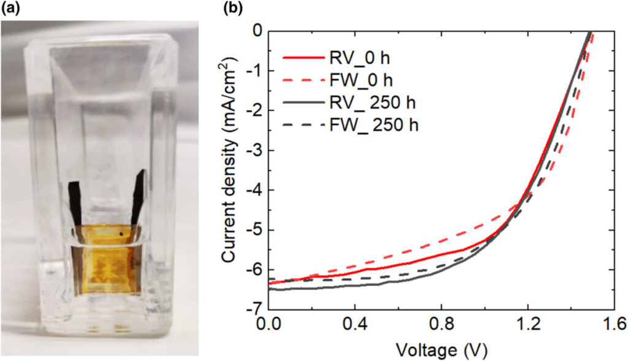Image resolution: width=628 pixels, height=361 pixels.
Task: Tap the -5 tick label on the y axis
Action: point(256,230)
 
